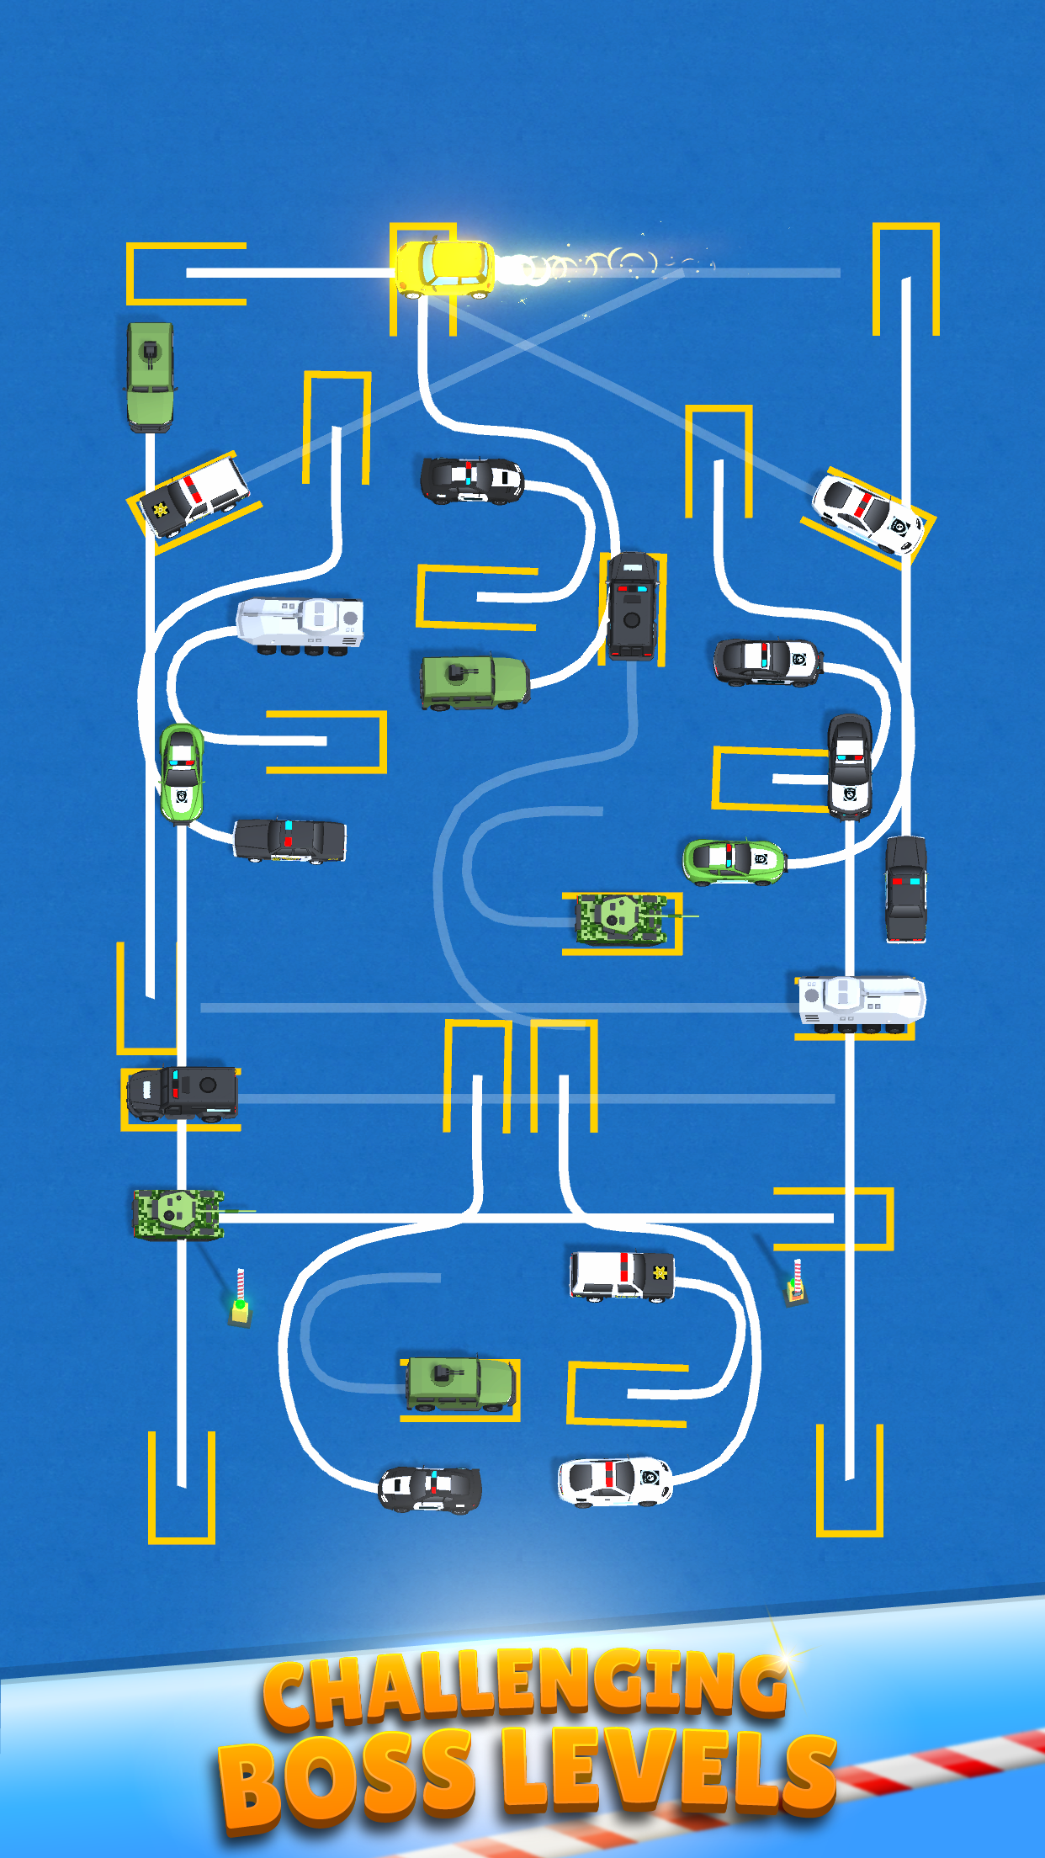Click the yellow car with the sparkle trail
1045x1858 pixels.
(444, 268)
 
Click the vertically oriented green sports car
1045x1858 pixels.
(182, 772)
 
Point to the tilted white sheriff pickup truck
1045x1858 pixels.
(194, 496)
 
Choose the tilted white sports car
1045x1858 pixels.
(867, 512)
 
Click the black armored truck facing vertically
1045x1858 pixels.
(633, 606)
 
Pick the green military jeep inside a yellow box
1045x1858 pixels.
(459, 1383)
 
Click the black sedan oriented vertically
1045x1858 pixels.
(905, 888)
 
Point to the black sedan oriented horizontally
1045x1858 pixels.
(289, 840)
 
